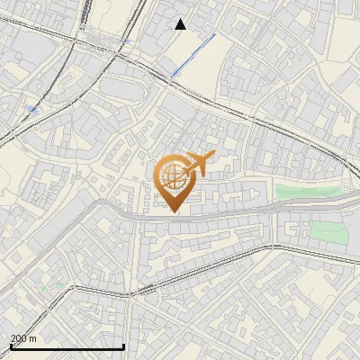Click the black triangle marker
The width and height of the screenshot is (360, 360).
click(181, 24)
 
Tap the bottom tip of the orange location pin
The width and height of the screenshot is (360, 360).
click(173, 211)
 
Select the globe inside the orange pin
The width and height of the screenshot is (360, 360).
click(173, 175)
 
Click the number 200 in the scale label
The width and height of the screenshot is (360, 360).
click(19, 338)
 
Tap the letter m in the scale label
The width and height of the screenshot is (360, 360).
click(33, 338)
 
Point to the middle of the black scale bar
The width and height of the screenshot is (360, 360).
click(67, 346)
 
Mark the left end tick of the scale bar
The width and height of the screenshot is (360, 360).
click(11, 346)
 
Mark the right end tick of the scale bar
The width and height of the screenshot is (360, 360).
click(123, 346)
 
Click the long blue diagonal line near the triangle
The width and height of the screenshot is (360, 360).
click(193, 53)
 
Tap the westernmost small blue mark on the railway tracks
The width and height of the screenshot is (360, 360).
click(34, 109)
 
